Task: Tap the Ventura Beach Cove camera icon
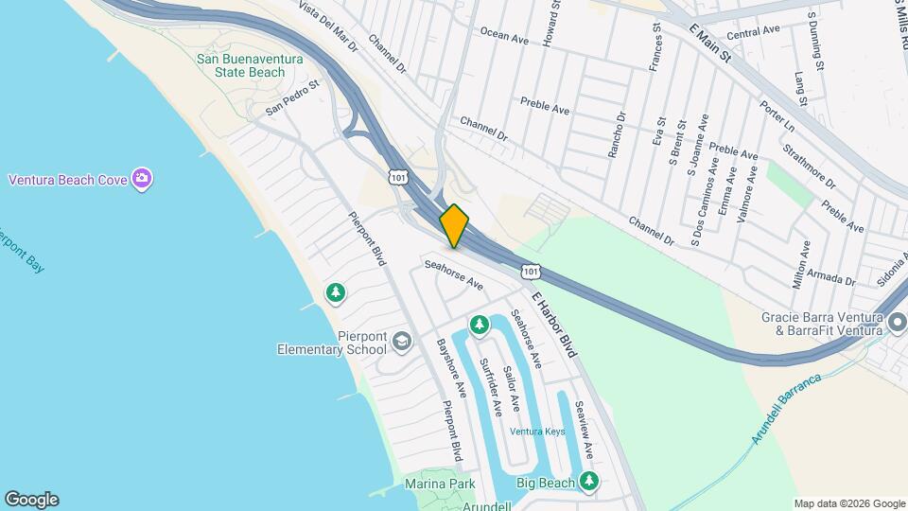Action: [x=143, y=179]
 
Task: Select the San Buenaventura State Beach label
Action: [x=240, y=65]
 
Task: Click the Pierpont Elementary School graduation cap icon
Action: [x=403, y=342]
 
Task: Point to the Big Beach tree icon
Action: [x=589, y=482]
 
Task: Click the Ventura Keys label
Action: [x=537, y=432]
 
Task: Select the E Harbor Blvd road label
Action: [x=553, y=325]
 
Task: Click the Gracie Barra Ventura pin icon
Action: [x=897, y=324]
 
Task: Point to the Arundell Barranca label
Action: [x=787, y=408]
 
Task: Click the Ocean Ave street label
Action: [x=504, y=35]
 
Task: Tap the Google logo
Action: [x=31, y=500]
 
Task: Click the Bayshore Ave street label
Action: [x=451, y=369]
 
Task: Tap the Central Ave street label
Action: [x=754, y=31]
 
